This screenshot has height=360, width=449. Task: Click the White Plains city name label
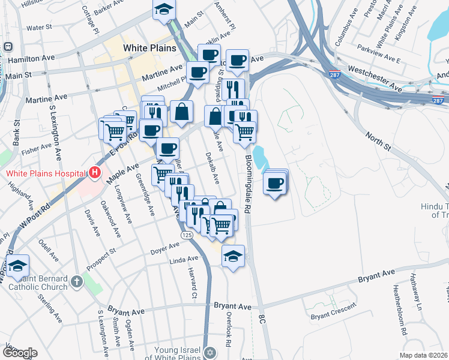click(149, 47)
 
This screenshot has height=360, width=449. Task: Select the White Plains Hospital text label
click(45, 173)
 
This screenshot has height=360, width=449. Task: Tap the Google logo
click(20, 353)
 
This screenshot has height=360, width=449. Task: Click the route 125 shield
click(187, 236)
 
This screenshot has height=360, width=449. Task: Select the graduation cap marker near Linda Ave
click(233, 256)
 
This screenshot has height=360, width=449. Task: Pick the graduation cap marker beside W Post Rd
click(18, 265)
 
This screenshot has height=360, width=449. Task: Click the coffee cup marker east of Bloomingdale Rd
click(275, 182)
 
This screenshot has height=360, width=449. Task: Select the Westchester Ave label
click(374, 79)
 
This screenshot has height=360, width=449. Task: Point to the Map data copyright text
click(423, 355)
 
